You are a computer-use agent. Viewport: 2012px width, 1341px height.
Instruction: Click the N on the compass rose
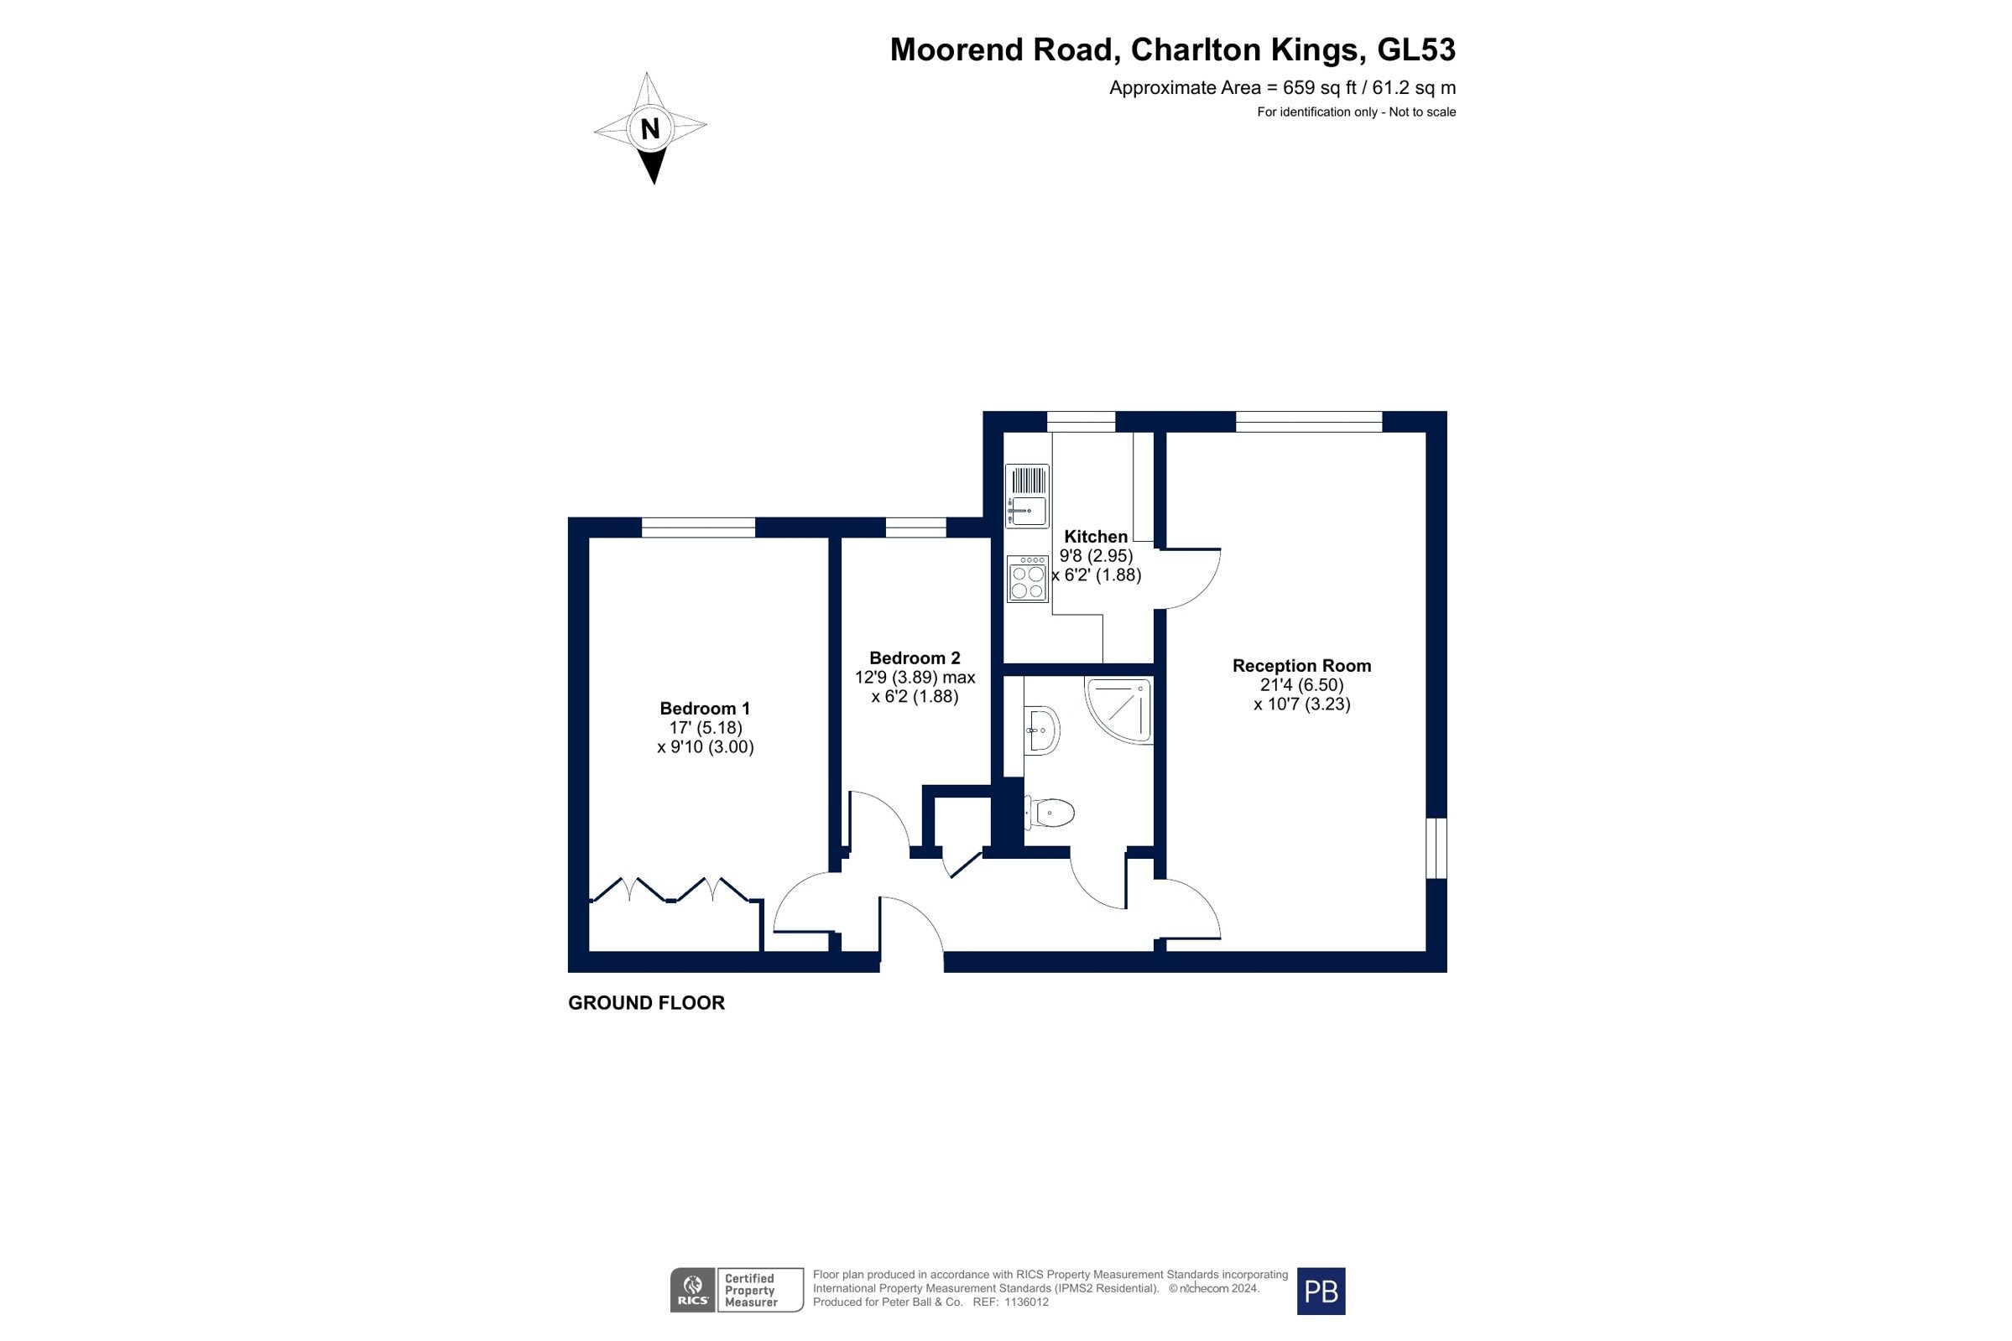[x=650, y=128]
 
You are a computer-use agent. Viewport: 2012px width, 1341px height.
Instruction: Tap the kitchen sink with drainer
[x=1026, y=496]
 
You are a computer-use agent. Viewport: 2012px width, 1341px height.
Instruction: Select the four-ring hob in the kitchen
[x=1027, y=579]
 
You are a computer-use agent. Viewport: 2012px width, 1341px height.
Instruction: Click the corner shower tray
[x=1118, y=709]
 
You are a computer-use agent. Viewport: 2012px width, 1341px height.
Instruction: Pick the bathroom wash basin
[x=1042, y=731]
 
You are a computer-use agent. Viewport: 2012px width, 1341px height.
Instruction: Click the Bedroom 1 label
[x=705, y=708]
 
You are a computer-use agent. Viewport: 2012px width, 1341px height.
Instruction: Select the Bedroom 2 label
[x=915, y=658]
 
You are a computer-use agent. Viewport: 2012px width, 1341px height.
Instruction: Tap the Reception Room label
[x=1301, y=665]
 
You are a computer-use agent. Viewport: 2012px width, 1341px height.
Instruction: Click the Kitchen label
[x=1096, y=536]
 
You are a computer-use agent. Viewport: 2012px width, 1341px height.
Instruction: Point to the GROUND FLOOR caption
[x=646, y=1002]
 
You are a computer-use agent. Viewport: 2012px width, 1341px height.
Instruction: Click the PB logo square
[x=1321, y=1291]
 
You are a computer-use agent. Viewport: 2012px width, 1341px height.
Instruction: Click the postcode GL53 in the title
[x=1415, y=49]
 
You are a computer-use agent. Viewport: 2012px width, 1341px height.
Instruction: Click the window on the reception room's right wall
[x=1436, y=849]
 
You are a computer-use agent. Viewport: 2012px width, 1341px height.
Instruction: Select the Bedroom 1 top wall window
[x=698, y=528]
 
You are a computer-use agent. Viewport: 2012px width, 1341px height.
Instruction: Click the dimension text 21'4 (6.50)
[x=1301, y=685]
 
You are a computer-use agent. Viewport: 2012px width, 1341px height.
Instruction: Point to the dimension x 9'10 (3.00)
[x=705, y=746]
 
